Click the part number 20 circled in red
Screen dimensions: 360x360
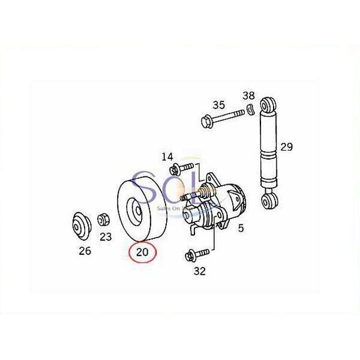pos(143,251)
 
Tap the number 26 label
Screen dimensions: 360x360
pos(85,251)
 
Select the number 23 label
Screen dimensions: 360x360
pos(106,236)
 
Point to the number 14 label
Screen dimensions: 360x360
pos(167,157)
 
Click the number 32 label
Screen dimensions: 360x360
pos(200,271)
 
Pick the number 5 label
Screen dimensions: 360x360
pos(241,229)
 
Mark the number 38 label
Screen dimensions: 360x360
pos(248,96)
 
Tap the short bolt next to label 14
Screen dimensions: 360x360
pos(183,166)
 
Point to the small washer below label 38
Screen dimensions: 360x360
pos(248,111)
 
